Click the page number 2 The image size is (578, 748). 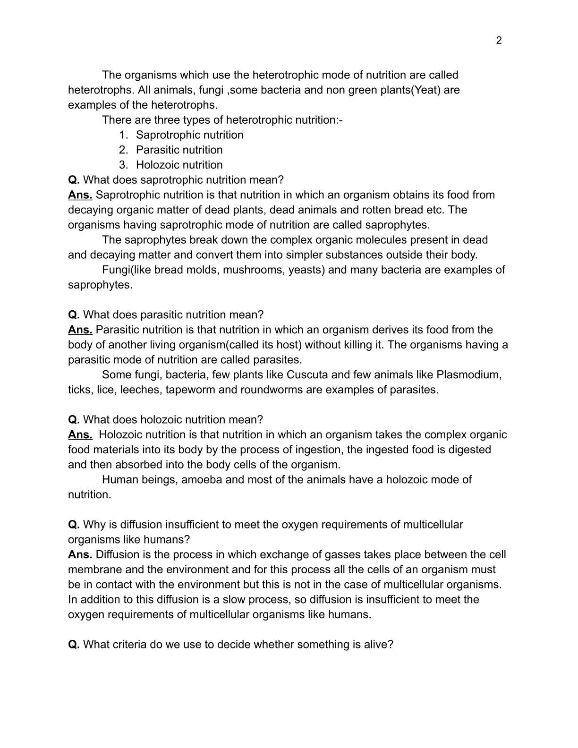point(499,41)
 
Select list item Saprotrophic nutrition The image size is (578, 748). point(189,135)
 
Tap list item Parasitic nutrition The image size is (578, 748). point(179,150)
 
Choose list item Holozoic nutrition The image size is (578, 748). point(179,165)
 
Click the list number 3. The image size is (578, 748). point(123,165)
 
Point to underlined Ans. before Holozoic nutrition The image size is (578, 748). point(80,434)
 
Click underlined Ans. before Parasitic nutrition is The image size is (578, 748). point(80,330)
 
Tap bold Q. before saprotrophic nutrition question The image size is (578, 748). point(74,180)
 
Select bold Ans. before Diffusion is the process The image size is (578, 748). point(80,554)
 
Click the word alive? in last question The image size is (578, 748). point(378,644)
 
